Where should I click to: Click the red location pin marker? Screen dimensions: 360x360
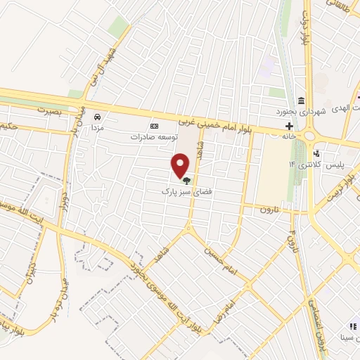(181, 166)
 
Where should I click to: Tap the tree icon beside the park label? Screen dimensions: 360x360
(186, 180)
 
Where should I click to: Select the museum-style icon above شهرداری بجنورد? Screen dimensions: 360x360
(302, 99)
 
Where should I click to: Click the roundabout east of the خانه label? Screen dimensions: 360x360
(309, 135)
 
